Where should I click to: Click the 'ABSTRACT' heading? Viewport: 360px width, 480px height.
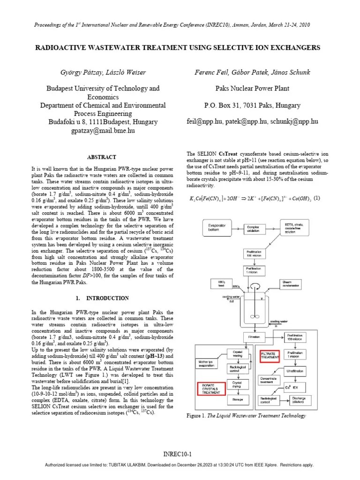102,157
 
